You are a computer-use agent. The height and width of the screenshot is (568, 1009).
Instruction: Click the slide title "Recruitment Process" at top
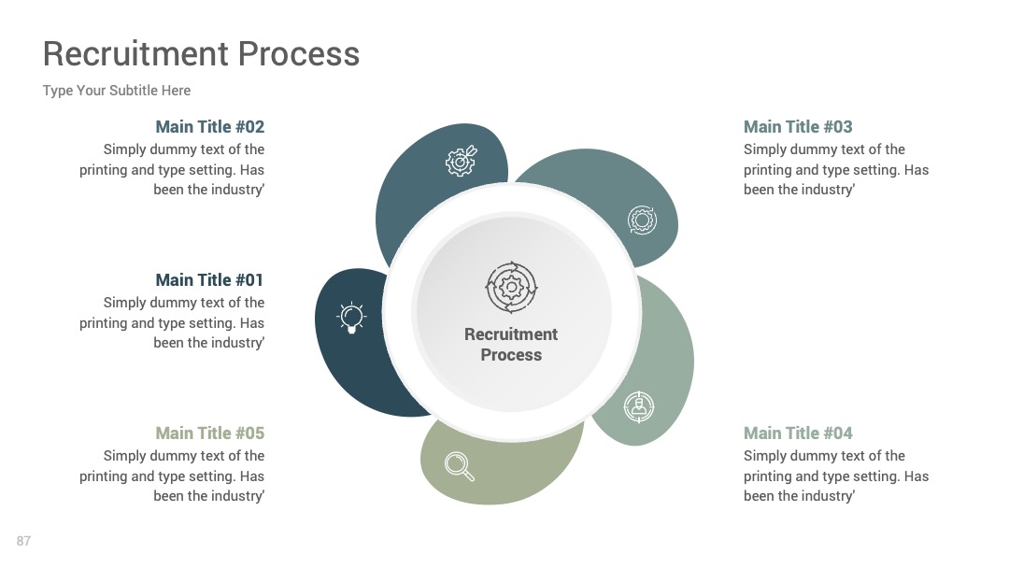click(201, 53)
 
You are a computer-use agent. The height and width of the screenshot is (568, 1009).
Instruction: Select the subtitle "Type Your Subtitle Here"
click(117, 91)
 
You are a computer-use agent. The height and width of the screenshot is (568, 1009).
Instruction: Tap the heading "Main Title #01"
click(210, 280)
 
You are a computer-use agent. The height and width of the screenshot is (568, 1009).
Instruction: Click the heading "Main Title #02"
click(210, 127)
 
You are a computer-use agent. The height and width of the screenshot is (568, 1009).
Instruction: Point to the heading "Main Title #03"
click(798, 127)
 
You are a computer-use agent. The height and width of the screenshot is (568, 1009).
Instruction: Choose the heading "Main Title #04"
click(798, 433)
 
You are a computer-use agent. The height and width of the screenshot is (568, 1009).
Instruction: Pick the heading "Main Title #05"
click(210, 433)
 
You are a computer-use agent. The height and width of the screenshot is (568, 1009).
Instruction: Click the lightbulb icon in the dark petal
click(351, 317)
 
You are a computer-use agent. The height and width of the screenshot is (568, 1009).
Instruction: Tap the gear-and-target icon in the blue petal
click(462, 160)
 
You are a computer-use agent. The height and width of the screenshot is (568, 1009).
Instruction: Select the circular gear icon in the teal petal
click(642, 220)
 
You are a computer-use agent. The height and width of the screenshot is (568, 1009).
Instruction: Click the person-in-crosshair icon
click(639, 406)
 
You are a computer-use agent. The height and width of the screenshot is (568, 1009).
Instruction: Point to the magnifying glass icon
click(460, 466)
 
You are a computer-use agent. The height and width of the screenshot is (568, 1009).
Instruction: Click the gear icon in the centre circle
click(511, 287)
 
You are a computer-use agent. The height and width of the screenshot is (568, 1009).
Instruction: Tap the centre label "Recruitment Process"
click(511, 345)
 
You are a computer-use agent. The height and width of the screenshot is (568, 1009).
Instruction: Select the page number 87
click(23, 541)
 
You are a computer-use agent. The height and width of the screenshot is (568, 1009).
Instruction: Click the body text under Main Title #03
click(836, 169)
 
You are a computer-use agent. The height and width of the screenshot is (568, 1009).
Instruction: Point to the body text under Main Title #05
click(172, 476)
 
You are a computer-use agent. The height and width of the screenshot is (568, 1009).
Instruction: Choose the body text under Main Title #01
click(172, 322)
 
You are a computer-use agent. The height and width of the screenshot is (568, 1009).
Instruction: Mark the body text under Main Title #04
click(836, 476)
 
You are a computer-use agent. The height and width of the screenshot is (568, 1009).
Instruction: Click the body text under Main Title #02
click(172, 169)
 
